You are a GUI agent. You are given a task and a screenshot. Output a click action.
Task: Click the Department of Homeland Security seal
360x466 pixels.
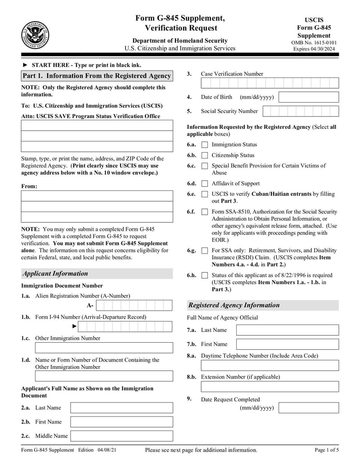coord(35,35)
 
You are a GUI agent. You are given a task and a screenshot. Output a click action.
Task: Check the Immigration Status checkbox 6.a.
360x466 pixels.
coord(205,145)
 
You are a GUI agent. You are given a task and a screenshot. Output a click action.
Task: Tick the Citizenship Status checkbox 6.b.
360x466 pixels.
coord(205,156)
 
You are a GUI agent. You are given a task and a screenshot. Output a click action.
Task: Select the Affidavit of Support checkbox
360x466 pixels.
coord(205,184)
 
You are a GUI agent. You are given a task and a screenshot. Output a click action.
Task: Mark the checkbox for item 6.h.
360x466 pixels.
coord(205,276)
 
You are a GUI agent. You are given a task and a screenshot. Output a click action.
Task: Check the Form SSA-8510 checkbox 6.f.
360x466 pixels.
coord(205,212)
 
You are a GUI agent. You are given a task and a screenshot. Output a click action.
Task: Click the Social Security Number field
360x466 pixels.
coord(300,111)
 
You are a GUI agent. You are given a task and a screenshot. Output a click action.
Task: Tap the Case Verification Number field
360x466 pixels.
coord(270,83)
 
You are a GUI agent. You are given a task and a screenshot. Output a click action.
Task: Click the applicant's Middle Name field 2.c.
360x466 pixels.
coord(121,436)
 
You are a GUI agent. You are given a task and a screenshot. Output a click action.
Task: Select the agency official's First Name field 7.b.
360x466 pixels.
coord(287,344)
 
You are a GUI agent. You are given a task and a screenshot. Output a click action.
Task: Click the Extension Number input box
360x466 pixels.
coord(270,387)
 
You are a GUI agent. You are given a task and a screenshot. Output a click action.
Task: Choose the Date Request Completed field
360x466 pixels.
coord(309,408)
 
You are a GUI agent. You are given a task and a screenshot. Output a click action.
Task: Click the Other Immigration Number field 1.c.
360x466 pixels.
coord(103,348)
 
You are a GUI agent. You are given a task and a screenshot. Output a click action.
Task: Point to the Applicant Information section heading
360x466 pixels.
coord(55,274)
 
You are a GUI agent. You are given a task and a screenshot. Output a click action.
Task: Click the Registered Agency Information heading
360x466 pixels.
coord(234,305)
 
